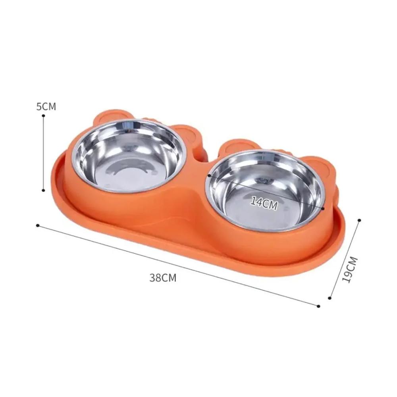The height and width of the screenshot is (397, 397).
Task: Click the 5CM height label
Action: pos(46,106)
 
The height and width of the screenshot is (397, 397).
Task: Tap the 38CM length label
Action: pos(163,278)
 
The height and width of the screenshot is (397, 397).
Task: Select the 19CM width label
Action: pos(350,270)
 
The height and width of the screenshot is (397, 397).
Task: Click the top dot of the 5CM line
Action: pos(44,116)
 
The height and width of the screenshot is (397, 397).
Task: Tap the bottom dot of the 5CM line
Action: pos(44,190)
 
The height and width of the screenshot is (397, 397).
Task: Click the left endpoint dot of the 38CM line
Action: pos(38,225)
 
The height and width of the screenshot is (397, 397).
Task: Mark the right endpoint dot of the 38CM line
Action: pos(318,306)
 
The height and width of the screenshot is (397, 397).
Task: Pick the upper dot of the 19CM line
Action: pos(359,220)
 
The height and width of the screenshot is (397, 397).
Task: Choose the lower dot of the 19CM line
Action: pos(330,298)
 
